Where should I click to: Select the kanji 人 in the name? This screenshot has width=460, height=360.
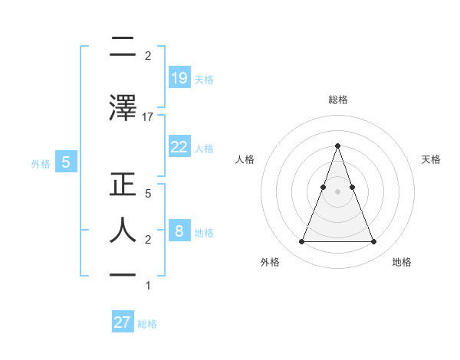pyautogui.click(x=123, y=230)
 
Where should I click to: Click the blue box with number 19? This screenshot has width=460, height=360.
pyautogui.click(x=179, y=77)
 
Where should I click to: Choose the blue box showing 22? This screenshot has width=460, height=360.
pyautogui.click(x=179, y=147)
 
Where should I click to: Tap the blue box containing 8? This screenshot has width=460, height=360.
pyautogui.click(x=179, y=231)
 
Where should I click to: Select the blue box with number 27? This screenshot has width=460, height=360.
pyautogui.click(x=123, y=322)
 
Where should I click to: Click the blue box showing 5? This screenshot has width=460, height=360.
pyautogui.click(x=66, y=162)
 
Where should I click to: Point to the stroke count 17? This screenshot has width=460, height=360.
pyautogui.click(x=148, y=116)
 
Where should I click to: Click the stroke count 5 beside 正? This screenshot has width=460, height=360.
pyautogui.click(x=148, y=194)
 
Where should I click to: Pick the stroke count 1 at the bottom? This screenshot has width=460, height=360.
pyautogui.click(x=148, y=286)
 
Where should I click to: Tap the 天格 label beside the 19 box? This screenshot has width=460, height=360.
pyautogui.click(x=204, y=79)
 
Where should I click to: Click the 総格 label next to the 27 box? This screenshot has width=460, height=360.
pyautogui.click(x=147, y=324)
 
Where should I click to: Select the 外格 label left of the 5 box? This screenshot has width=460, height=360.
pyautogui.click(x=41, y=163)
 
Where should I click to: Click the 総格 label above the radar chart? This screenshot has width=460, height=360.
pyautogui.click(x=337, y=100)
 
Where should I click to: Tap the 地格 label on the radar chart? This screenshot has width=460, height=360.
pyautogui.click(x=402, y=262)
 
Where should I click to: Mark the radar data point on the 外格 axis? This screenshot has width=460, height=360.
pyautogui.click(x=301, y=242)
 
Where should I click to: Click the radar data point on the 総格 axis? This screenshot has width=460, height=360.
pyautogui.click(x=337, y=146)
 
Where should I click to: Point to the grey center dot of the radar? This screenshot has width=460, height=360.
pyautogui.click(x=337, y=191)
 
